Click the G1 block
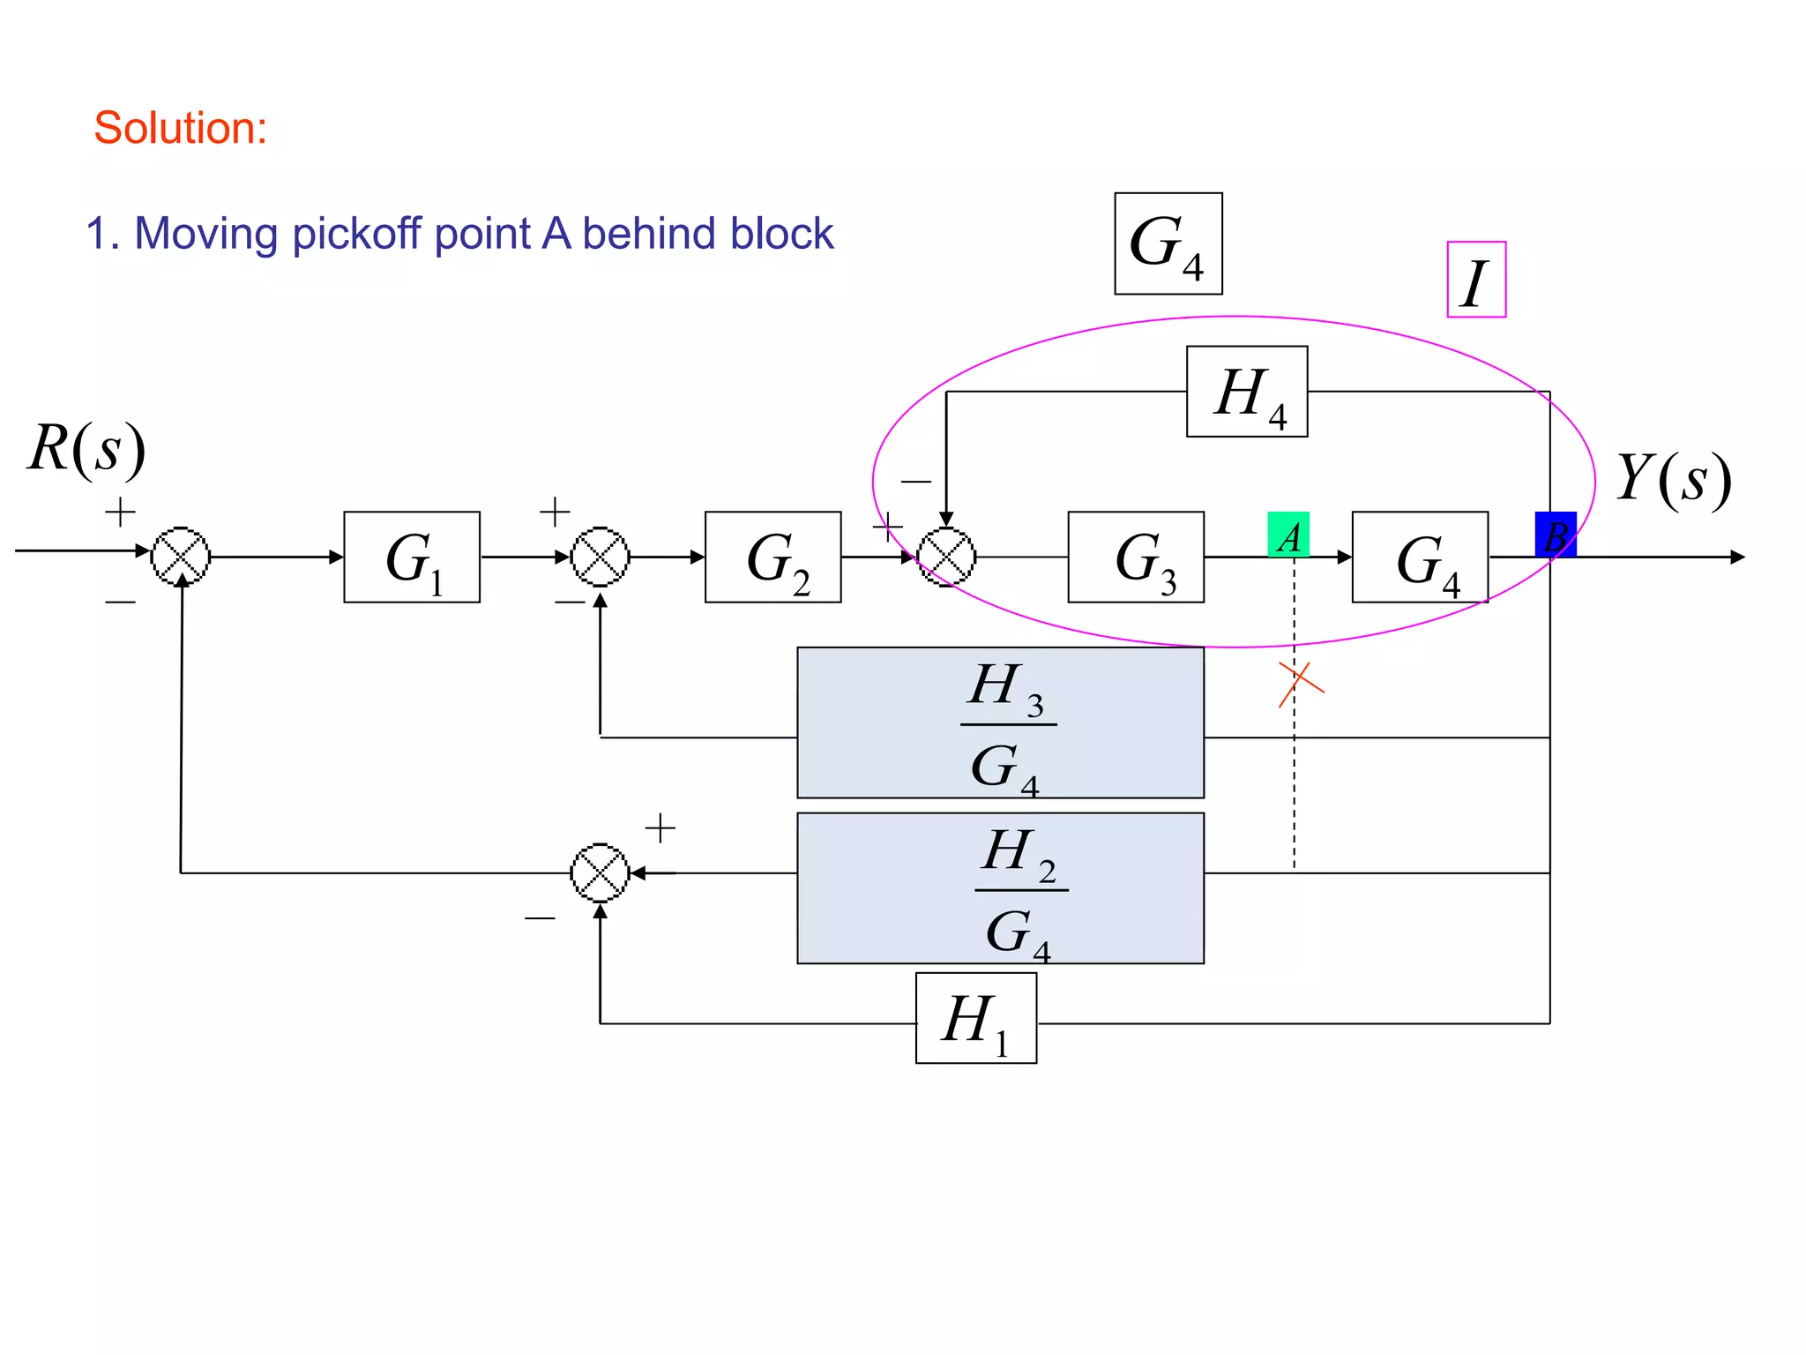point(412,557)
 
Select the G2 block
point(772,557)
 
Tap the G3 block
point(1136,557)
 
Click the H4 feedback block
point(1246,392)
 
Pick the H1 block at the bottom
point(975,1018)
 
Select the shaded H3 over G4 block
point(1000,722)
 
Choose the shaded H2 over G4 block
point(1000,887)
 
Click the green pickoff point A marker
point(1287,535)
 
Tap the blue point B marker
point(1555,535)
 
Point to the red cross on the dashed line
point(1300,684)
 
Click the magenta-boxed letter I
point(1475,280)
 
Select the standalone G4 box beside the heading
point(1168,243)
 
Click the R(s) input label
point(86,450)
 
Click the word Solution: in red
point(181,128)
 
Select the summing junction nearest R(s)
point(181,557)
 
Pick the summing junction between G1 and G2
point(600,557)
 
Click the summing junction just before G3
point(946,557)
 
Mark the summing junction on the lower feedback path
point(600,872)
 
